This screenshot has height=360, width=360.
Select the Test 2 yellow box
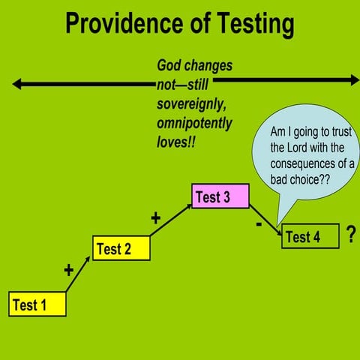tap(121, 247)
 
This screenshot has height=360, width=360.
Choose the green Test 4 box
tap(310, 236)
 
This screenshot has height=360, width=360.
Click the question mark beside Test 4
tap(351, 235)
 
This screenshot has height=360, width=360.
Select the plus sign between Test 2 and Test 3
tap(156, 218)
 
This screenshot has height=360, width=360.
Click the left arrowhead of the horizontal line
tap(16, 84)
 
